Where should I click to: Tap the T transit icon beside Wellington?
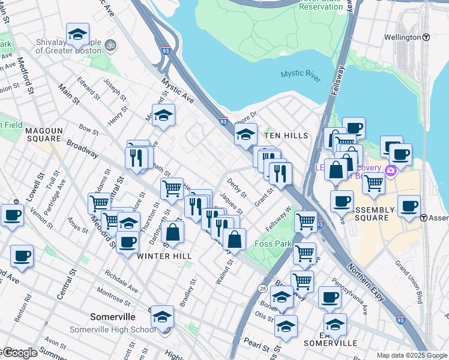(x=426, y=37)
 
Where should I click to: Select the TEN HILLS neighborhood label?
(x=286, y=136)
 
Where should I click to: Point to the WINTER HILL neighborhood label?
(x=164, y=256)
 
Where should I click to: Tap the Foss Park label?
(x=273, y=244)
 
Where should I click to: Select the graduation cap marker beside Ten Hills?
(x=246, y=136)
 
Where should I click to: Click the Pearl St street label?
(x=256, y=346)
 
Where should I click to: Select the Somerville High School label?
(x=112, y=329)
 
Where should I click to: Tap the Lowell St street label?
(x=32, y=188)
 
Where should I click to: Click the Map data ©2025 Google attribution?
(x=411, y=355)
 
